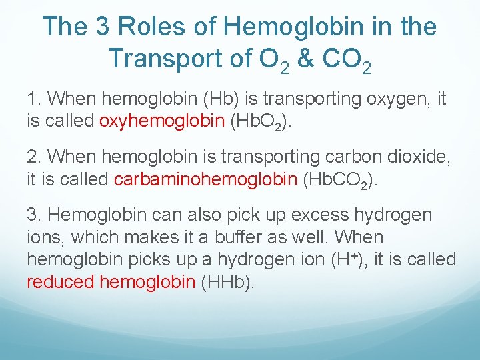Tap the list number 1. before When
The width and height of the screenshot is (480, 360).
pos(35,100)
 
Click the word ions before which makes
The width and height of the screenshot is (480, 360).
pos(43,237)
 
